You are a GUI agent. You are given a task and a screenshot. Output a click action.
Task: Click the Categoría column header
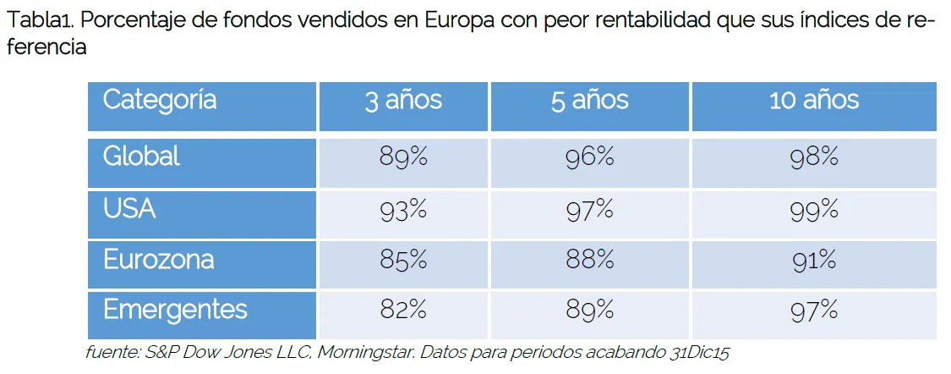[160, 101]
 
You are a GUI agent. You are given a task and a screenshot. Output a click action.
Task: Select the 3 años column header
[403, 101]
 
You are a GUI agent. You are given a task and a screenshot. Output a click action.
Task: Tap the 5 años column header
[589, 101]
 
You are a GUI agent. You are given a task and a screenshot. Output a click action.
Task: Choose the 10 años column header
[813, 101]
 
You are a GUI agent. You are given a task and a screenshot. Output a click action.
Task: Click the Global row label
[141, 157]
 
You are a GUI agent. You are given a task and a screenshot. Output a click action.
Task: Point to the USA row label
[129, 209]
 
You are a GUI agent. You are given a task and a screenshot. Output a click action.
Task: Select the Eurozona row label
[158, 260]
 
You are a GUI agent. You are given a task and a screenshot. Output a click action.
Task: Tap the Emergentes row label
[175, 311]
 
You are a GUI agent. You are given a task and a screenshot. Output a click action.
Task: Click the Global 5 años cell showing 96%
[589, 157]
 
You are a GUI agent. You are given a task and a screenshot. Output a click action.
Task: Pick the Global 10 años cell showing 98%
[813, 157]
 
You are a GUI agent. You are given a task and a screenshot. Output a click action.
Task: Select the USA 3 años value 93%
[403, 210]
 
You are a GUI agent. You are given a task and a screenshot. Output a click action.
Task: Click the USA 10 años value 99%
[813, 210]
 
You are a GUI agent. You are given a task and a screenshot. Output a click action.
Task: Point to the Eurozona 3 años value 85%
[403, 261]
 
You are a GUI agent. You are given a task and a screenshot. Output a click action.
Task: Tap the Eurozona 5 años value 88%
[589, 261]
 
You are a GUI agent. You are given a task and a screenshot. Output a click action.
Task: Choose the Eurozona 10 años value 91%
[813, 261]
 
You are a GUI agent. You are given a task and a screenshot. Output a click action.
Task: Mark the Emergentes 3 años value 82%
[403, 311]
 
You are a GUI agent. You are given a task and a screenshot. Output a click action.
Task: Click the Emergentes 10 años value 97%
[813, 311]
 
